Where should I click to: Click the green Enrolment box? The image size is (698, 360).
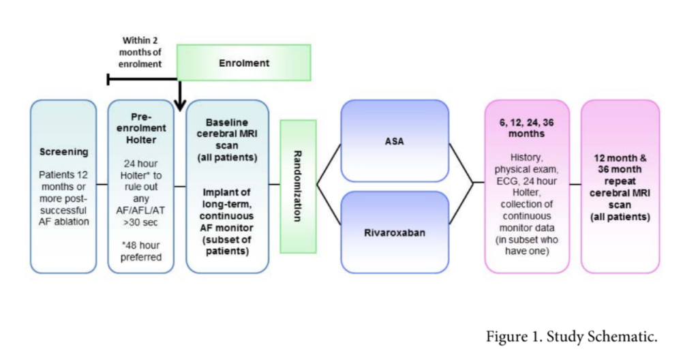[x=243, y=63]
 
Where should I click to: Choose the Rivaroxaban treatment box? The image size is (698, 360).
[x=395, y=231]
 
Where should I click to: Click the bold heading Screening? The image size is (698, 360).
[x=63, y=151]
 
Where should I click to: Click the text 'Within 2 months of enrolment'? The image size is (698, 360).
[x=142, y=52]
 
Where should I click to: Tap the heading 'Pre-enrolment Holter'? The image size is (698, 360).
[x=141, y=128]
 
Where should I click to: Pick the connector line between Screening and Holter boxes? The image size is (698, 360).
[x=102, y=185]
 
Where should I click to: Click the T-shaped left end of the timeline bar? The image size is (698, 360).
[x=109, y=80]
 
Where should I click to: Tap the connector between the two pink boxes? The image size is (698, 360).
[x=575, y=185]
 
